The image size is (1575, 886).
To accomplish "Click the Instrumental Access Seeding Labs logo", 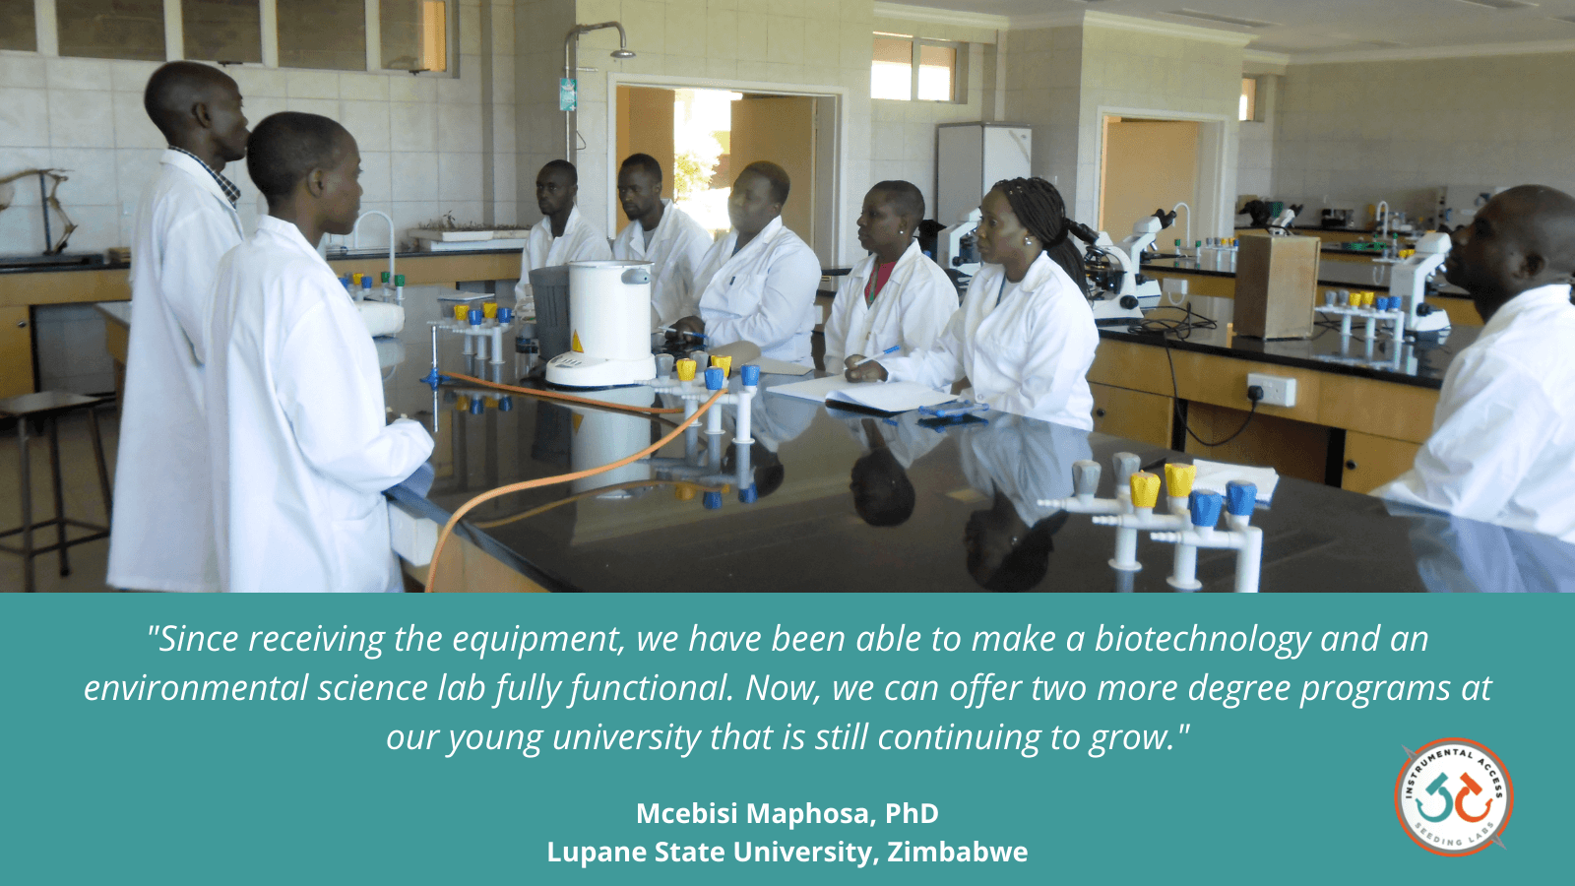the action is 1453,796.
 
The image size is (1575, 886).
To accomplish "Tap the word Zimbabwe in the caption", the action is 957,852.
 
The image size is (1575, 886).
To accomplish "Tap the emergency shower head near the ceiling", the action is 622,53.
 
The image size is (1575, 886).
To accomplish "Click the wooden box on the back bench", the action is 1276,285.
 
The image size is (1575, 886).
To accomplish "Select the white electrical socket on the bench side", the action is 1271,389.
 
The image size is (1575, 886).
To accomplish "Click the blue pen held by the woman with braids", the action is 877,355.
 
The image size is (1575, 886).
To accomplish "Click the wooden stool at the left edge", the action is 53,485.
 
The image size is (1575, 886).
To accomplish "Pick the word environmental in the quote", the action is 196,689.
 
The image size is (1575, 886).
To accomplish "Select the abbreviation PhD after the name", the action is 912,813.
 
